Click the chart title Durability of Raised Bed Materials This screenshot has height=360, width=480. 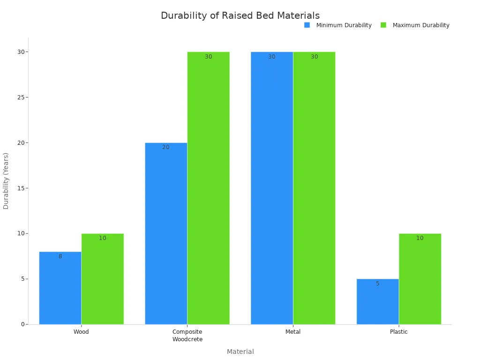pos(240,15)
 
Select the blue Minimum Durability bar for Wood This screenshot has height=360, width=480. pos(60,288)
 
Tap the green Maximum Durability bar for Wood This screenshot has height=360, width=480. pos(103,279)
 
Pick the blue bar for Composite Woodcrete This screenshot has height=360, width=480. pos(166,233)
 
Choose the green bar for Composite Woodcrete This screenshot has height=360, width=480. pos(208,188)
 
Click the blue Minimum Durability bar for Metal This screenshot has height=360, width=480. pos(272,188)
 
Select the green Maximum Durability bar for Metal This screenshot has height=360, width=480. pos(314,188)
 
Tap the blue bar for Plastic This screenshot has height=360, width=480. pos(377,301)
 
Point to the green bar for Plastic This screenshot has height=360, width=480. pos(420,279)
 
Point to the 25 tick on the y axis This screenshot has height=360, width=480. pos(21,97)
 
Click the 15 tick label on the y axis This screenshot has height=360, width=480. pos(21,188)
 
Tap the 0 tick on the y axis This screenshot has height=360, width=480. pos(22,324)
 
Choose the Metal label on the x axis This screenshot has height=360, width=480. pos(293,332)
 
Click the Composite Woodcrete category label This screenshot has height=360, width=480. pos(187,336)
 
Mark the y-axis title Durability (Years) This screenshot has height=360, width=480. pos(6,181)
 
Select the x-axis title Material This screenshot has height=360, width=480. pos(240,352)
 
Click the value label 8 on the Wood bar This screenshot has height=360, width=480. pos(60,256)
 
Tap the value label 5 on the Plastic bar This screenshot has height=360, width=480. pos(377,284)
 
